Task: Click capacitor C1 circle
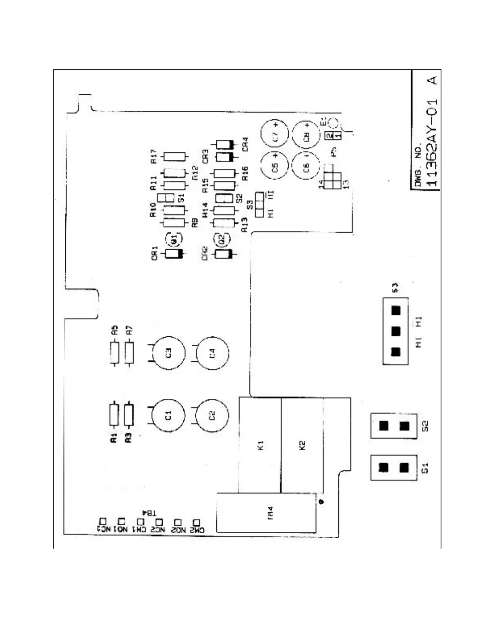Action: (168, 415)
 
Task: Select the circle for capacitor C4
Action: (212, 353)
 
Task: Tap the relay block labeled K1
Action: (260, 445)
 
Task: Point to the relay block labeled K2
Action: (302, 445)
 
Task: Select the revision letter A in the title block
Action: (433, 80)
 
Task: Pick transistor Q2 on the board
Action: (222, 239)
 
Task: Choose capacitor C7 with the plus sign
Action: (275, 134)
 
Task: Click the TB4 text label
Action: (149, 513)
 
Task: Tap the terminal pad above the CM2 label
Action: (197, 522)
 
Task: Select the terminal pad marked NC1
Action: (103, 521)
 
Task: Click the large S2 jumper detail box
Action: (394, 426)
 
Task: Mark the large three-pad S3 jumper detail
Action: (396, 331)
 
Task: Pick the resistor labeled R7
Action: (129, 353)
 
